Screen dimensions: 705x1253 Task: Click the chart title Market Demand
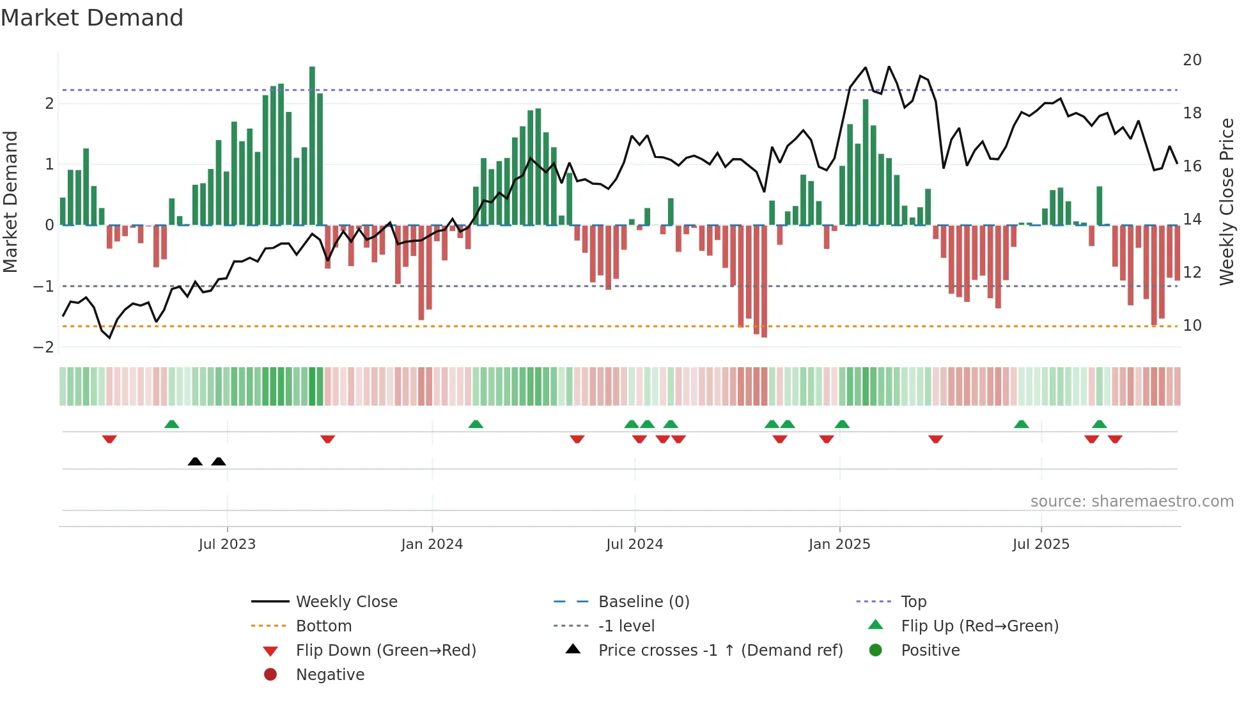pos(92,18)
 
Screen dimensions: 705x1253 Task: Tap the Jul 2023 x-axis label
pos(227,544)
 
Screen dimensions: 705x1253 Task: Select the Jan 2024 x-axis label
pos(432,544)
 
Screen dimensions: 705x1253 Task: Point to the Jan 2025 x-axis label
pos(839,544)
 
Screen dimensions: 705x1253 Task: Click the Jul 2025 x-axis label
pos(1040,544)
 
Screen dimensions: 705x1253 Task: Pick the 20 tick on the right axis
pos(1192,60)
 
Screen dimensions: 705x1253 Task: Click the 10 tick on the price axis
pos(1192,326)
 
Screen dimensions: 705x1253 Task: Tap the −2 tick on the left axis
pos(43,347)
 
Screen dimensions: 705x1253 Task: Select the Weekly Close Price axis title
pos(1226,202)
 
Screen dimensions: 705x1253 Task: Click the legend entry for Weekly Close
pos(346,602)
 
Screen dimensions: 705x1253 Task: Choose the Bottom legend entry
pos(323,626)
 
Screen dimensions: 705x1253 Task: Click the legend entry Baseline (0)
pos(643,602)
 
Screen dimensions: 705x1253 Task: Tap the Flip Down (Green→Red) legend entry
pos(385,651)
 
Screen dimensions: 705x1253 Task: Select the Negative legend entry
pos(330,675)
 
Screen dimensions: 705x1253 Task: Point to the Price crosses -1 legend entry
pos(720,651)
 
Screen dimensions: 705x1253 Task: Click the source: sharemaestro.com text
pos(1132,502)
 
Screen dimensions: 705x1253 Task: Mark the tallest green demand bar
pos(312,146)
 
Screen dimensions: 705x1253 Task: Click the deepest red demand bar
pos(764,281)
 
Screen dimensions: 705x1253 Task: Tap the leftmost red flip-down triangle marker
pos(109,440)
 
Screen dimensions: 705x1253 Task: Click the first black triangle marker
pos(195,462)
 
